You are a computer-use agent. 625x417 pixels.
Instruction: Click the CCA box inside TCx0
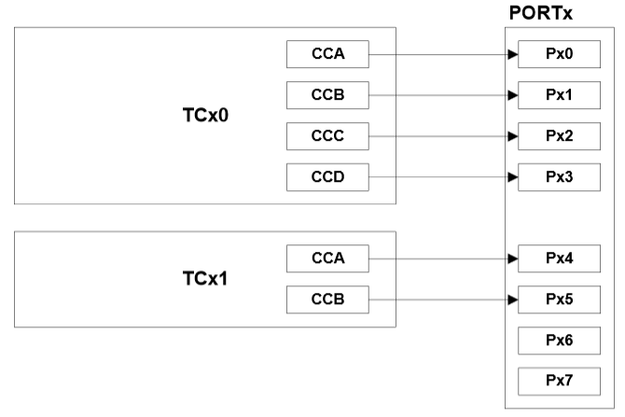coord(327,54)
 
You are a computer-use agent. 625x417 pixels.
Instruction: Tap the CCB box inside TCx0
coord(327,95)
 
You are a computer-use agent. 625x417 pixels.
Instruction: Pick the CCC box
coord(327,135)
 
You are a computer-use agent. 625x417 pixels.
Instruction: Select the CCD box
coord(327,175)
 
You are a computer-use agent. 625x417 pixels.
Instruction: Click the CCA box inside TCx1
coord(327,258)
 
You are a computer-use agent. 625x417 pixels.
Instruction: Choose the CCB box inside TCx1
coord(327,299)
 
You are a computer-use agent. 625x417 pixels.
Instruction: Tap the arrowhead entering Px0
coord(512,54)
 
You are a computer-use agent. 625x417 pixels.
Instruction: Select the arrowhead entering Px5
coord(512,299)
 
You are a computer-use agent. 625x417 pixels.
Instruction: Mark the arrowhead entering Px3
coord(512,175)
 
